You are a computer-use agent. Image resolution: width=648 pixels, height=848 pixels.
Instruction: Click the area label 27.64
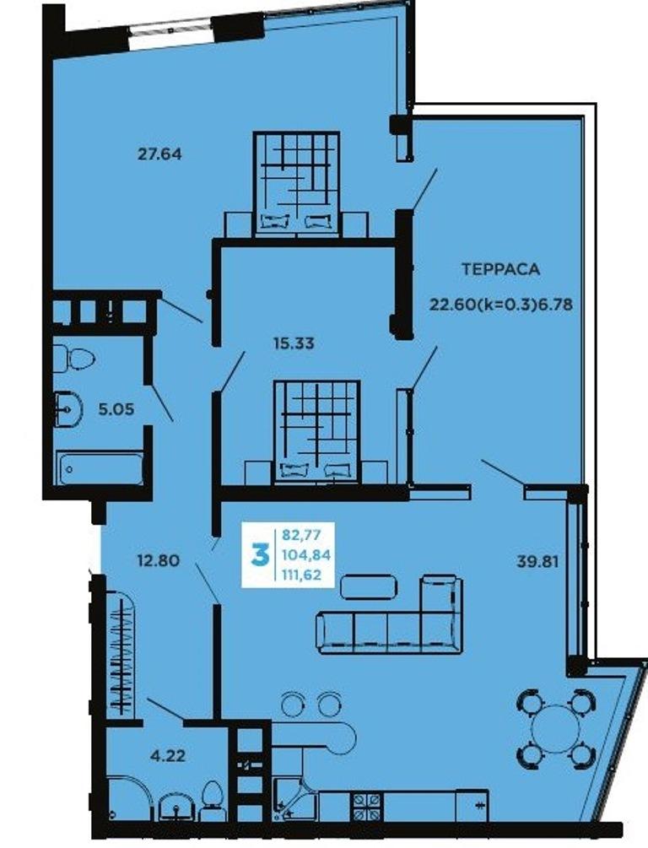159,154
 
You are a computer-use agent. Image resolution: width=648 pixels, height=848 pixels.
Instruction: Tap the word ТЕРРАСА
500,269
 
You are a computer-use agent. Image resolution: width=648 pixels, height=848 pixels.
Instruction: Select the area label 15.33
294,343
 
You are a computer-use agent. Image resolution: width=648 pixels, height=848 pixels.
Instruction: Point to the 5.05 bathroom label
116,409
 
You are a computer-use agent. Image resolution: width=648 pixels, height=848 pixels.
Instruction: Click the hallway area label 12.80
158,560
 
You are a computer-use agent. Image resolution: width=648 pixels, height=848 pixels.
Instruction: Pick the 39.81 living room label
537,561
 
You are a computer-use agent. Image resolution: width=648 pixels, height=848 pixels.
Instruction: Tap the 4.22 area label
168,755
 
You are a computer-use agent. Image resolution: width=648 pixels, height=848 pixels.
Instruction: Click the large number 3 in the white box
260,555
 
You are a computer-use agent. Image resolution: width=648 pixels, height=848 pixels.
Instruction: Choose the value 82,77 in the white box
301,535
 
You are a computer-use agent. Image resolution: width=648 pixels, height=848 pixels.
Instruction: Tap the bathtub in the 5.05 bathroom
100,469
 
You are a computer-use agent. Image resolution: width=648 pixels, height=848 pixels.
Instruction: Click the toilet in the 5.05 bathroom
73,358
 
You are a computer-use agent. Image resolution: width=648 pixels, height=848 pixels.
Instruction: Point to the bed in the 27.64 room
296,183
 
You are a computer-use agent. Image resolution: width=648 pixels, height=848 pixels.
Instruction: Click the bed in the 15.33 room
316,431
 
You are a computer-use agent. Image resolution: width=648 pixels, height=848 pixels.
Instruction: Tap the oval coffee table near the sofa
369,586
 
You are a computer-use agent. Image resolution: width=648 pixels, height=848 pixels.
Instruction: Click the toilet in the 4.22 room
210,802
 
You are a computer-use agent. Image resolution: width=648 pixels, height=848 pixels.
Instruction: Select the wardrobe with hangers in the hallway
120,655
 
